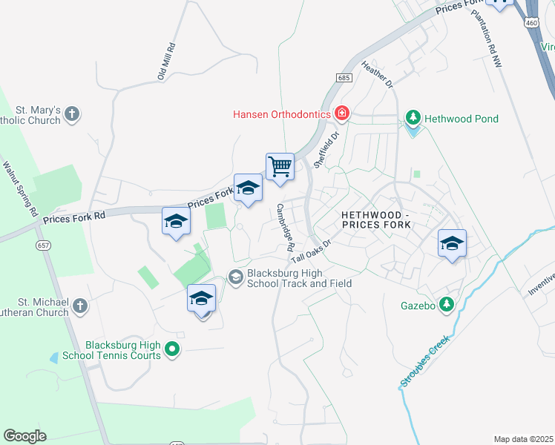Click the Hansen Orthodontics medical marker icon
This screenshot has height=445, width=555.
coord(342,113)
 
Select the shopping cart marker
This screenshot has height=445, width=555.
coord(280,167)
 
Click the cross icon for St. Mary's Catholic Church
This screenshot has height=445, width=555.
coord(71,113)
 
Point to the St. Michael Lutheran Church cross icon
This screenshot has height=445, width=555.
coord(80,306)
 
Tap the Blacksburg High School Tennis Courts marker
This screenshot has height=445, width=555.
coord(172,348)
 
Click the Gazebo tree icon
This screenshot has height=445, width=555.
coord(446,304)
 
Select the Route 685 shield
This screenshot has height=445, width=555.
coord(343,77)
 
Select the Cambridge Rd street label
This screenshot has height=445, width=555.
coord(286,226)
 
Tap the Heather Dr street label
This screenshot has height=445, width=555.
coord(377,75)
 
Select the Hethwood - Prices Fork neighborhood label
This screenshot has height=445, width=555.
coord(381,220)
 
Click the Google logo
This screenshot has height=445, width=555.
coord(24,436)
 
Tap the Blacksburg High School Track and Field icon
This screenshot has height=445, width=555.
coord(236,277)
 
